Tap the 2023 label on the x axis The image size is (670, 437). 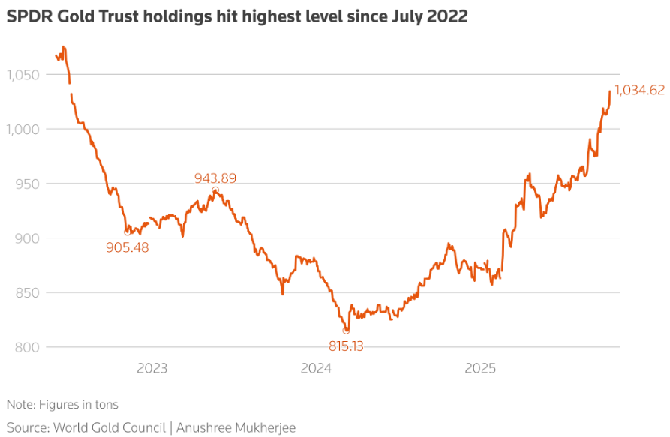[152, 368]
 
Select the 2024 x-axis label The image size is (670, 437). [316, 368]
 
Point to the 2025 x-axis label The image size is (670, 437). [480, 368]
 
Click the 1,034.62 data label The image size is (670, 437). [639, 91]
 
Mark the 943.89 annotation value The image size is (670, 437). [215, 178]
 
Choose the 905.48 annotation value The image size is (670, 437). [128, 247]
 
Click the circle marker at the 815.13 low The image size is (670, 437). [346, 330]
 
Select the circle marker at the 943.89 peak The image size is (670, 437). [215, 190]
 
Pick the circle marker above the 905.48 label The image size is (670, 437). [127, 232]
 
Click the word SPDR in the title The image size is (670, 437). [28, 16]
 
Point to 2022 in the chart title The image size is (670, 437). [448, 16]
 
